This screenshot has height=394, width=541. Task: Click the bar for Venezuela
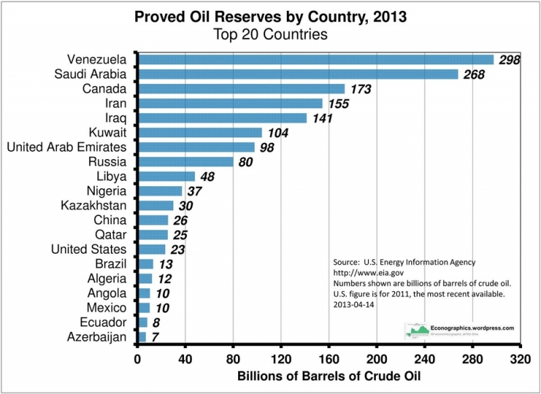tap(315, 60)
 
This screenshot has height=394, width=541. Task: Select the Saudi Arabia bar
tap(298, 74)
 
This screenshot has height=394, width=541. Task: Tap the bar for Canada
tap(241, 89)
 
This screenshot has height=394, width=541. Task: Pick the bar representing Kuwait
tap(199, 133)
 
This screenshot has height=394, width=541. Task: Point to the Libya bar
tap(166, 177)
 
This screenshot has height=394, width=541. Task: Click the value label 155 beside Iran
tap(339, 104)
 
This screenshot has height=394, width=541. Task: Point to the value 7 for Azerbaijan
tap(154, 337)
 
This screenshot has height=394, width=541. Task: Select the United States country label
tap(89, 250)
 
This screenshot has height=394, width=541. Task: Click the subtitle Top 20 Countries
tap(270, 33)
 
